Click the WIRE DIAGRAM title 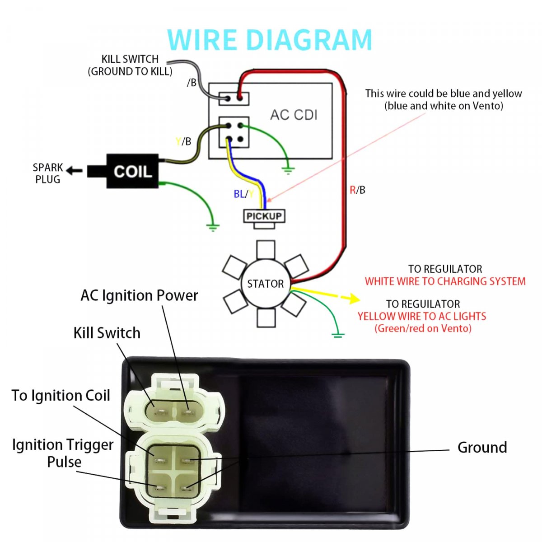tap(270, 40)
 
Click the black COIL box tap(132, 171)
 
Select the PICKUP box tap(264, 216)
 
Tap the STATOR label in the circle tap(266, 284)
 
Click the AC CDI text tap(294, 115)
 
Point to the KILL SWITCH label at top tap(130, 65)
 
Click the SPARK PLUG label tap(47, 173)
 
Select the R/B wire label tap(357, 190)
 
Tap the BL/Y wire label tap(243, 194)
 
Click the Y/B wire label tap(183, 142)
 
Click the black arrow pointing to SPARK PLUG tap(74, 171)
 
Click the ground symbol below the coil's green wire tap(213, 227)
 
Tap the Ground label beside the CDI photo tap(482, 448)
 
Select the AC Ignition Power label tap(139, 295)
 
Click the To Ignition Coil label tap(61, 396)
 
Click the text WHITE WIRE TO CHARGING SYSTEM tap(445, 281)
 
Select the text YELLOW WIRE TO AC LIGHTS tap(422, 316)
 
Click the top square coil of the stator tap(266, 249)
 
